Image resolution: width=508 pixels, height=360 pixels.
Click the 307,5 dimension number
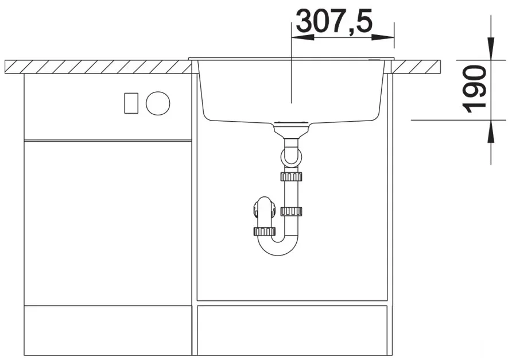(334, 21)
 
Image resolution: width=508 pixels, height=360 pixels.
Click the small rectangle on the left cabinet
(131, 103)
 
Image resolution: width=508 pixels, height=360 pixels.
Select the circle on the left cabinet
(158, 103)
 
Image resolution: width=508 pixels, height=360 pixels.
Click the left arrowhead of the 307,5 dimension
(303, 37)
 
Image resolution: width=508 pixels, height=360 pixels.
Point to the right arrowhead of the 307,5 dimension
(383, 37)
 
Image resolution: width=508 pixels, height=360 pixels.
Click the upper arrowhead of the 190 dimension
(491, 49)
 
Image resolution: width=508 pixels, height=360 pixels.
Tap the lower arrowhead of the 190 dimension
(491, 131)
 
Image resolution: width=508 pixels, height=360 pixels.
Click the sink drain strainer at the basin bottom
(291, 122)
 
